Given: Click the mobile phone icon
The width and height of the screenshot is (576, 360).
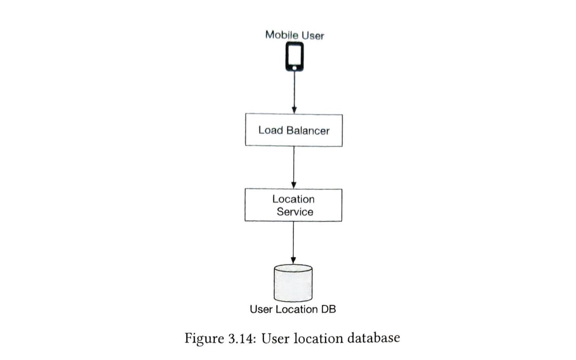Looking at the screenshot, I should tap(294, 57).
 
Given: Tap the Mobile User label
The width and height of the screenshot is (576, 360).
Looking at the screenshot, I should tap(294, 35).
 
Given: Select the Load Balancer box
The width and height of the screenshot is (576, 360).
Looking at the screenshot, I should tap(294, 130).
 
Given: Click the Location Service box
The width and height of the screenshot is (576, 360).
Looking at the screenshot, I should tap(293, 205).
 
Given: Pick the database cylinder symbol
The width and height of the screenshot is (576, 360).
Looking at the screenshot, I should tap(293, 283).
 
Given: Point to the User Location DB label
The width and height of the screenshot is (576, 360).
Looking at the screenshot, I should tap(293, 309).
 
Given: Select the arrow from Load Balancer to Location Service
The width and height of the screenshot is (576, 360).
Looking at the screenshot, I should tap(294, 167).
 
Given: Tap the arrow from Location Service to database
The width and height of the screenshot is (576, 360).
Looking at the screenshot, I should tap(294, 242).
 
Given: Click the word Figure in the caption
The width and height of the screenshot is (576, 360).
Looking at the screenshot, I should tap(204, 339).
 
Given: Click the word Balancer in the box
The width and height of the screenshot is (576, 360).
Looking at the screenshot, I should tap(308, 130).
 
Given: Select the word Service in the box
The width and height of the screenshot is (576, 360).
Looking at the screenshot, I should tap(295, 212).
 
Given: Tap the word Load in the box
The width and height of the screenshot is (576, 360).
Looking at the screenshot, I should tap(271, 130).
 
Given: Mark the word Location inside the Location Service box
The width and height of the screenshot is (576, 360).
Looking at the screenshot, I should tap(293, 199).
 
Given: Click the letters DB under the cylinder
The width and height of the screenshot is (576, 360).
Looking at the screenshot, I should tap(328, 309).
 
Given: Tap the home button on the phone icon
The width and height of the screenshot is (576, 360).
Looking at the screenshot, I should tap(294, 68).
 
